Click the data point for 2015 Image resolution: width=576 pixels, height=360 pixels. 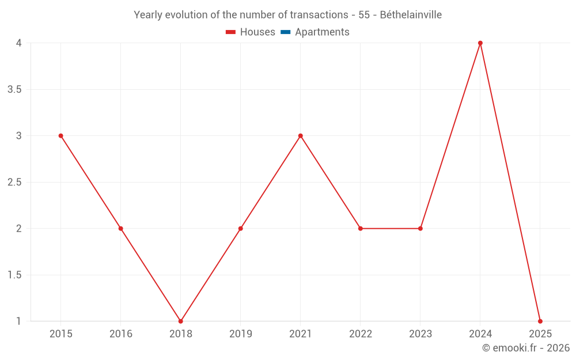click(x=60, y=136)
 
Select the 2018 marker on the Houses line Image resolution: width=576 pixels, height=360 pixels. click(x=180, y=321)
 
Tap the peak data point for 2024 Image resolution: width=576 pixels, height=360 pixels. click(x=480, y=43)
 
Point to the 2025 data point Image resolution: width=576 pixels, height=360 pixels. click(x=540, y=321)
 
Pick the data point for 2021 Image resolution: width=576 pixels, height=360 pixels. click(x=300, y=136)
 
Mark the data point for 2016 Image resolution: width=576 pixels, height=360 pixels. click(x=120, y=229)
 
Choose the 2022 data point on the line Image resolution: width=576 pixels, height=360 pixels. click(x=360, y=229)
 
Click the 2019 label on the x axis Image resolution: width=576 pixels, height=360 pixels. click(x=240, y=334)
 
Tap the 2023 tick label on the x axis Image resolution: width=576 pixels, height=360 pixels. click(x=420, y=334)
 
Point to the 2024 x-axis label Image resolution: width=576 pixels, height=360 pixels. click(x=480, y=334)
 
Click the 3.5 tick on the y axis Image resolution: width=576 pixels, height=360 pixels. click(x=15, y=89)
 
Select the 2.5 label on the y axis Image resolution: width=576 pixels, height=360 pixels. click(x=15, y=182)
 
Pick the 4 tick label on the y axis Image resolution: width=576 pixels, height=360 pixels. click(x=19, y=43)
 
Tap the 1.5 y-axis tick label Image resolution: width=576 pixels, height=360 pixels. click(x=15, y=275)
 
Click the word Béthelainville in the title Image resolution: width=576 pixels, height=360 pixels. click(x=411, y=15)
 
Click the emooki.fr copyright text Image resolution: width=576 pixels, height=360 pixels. click(x=526, y=348)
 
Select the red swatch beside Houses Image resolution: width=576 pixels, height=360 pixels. click(x=231, y=32)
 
